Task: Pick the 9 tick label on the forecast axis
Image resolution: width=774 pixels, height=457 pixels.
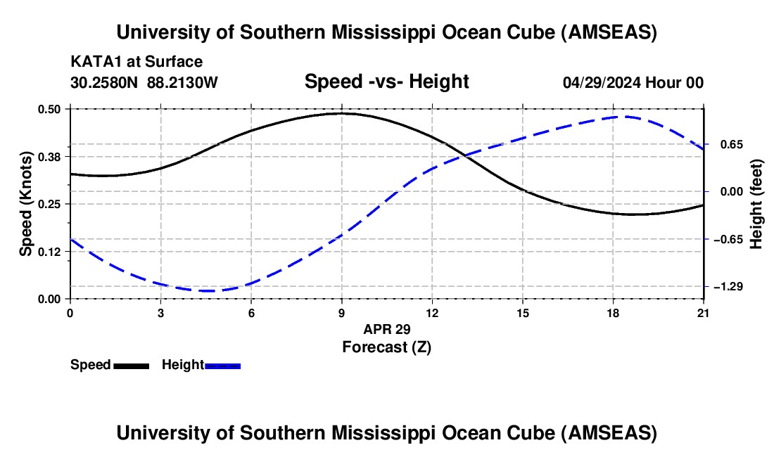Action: [341, 313]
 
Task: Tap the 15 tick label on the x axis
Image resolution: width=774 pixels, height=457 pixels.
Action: [523, 313]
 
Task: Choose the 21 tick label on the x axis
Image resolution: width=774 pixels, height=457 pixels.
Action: [704, 313]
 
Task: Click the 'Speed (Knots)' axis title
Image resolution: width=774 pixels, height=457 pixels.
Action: [26, 204]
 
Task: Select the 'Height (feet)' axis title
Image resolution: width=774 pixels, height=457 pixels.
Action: [757, 204]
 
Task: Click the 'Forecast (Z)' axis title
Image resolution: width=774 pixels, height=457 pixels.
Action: [386, 347]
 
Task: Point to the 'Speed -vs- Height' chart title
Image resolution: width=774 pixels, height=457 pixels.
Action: [386, 82]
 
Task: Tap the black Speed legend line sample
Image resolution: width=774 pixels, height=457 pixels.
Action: [131, 366]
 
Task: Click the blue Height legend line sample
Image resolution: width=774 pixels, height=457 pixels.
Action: [223, 366]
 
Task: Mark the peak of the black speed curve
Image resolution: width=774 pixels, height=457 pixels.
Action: [341, 113]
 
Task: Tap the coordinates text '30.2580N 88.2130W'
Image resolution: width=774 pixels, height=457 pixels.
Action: [144, 82]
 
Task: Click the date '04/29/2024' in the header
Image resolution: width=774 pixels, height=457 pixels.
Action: [601, 82]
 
